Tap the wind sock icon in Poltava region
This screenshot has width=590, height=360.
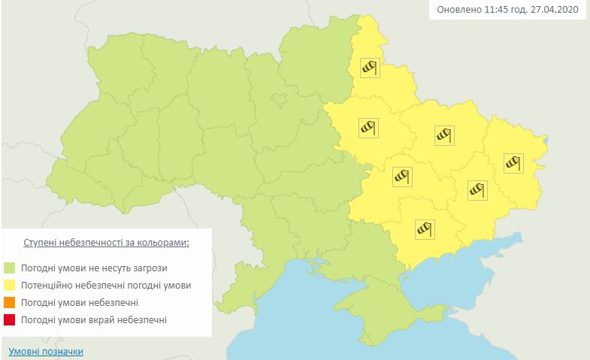pyautogui.click(x=368, y=127)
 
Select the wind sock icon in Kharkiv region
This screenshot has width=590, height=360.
pyautogui.click(x=443, y=135)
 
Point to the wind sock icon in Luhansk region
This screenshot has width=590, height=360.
pyautogui.click(x=513, y=162)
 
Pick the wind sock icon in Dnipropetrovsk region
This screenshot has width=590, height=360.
pyautogui.click(x=402, y=177)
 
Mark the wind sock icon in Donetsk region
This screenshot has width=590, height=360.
pyautogui.click(x=477, y=189)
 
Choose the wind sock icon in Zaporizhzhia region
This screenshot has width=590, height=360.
pyautogui.click(x=426, y=227)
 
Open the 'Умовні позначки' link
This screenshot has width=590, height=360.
pyautogui.click(x=46, y=351)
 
